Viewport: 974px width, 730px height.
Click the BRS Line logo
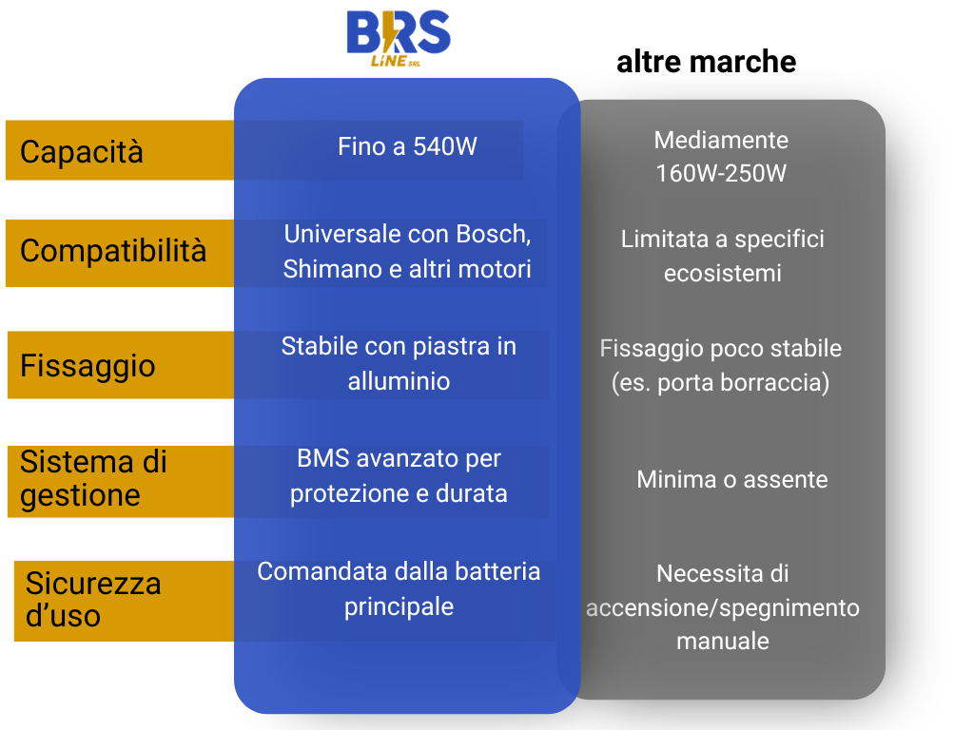point(399,38)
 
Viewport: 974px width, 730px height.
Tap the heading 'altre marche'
point(707,62)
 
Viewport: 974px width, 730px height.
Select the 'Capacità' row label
point(82,151)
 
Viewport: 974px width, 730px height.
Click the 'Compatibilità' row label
point(113,251)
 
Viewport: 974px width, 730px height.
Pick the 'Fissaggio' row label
point(88,365)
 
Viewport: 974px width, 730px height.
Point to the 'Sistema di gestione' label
point(94,479)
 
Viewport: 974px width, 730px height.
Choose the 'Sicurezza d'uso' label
point(93,600)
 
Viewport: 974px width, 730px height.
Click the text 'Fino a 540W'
point(407,146)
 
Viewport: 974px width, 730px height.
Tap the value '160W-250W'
point(721,173)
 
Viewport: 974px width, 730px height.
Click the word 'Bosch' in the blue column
point(494,235)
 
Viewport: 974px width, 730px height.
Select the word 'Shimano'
point(332,269)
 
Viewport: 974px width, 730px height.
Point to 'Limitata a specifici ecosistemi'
point(723,256)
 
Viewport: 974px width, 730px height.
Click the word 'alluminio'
point(399,381)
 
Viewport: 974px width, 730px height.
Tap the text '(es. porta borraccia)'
point(721,382)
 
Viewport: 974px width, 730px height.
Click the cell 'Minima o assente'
point(732,479)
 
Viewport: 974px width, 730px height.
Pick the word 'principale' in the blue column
point(399,607)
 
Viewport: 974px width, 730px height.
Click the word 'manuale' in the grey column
point(723,641)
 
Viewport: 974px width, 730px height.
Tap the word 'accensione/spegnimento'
point(723,608)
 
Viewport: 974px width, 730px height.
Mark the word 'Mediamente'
point(721,141)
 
